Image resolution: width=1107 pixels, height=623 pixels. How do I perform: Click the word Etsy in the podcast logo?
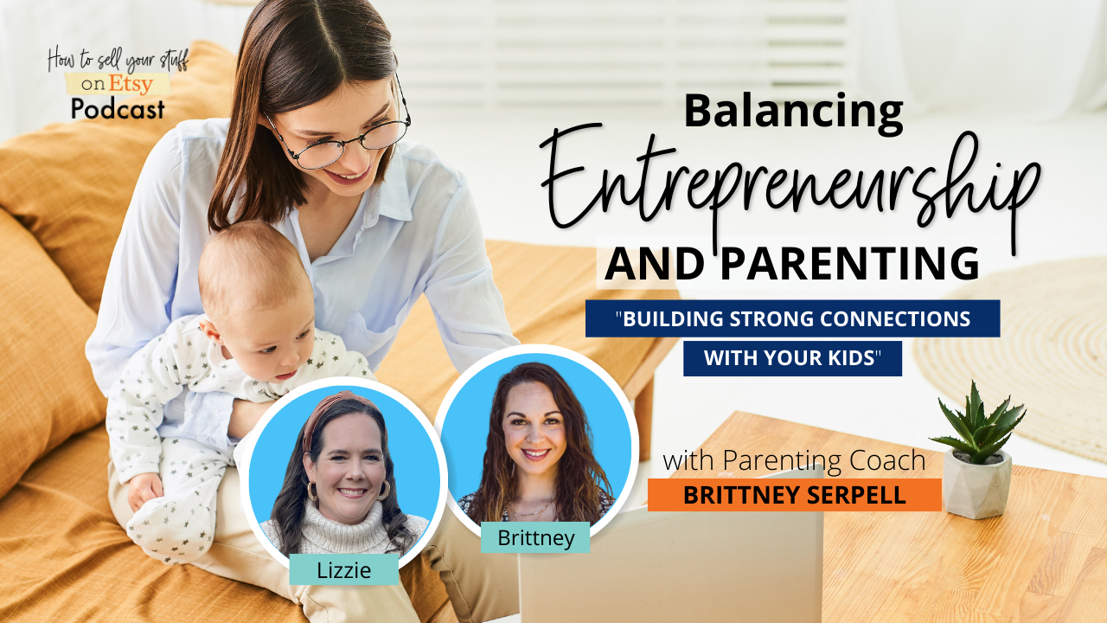pyautogui.click(x=131, y=84)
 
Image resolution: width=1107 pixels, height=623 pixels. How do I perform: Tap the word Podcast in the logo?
pyautogui.click(x=118, y=109)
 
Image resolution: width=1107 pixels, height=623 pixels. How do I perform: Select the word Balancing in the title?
pyautogui.click(x=794, y=112)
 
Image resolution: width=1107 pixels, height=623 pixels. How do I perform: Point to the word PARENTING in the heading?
pyautogui.click(x=850, y=264)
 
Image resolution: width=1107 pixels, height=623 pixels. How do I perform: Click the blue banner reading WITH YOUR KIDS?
pyautogui.click(x=793, y=358)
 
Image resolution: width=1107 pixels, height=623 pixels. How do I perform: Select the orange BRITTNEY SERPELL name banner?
pyautogui.click(x=795, y=494)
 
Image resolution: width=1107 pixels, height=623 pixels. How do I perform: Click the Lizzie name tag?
pyautogui.click(x=344, y=569)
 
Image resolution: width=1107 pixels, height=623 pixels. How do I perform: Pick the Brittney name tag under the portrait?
pyautogui.click(x=535, y=537)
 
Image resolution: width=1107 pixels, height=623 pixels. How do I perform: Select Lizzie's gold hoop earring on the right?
pyautogui.click(x=384, y=490)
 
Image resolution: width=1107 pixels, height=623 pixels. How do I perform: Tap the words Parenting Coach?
pyautogui.click(x=824, y=461)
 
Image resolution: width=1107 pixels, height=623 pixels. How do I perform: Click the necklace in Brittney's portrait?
pyautogui.click(x=531, y=510)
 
